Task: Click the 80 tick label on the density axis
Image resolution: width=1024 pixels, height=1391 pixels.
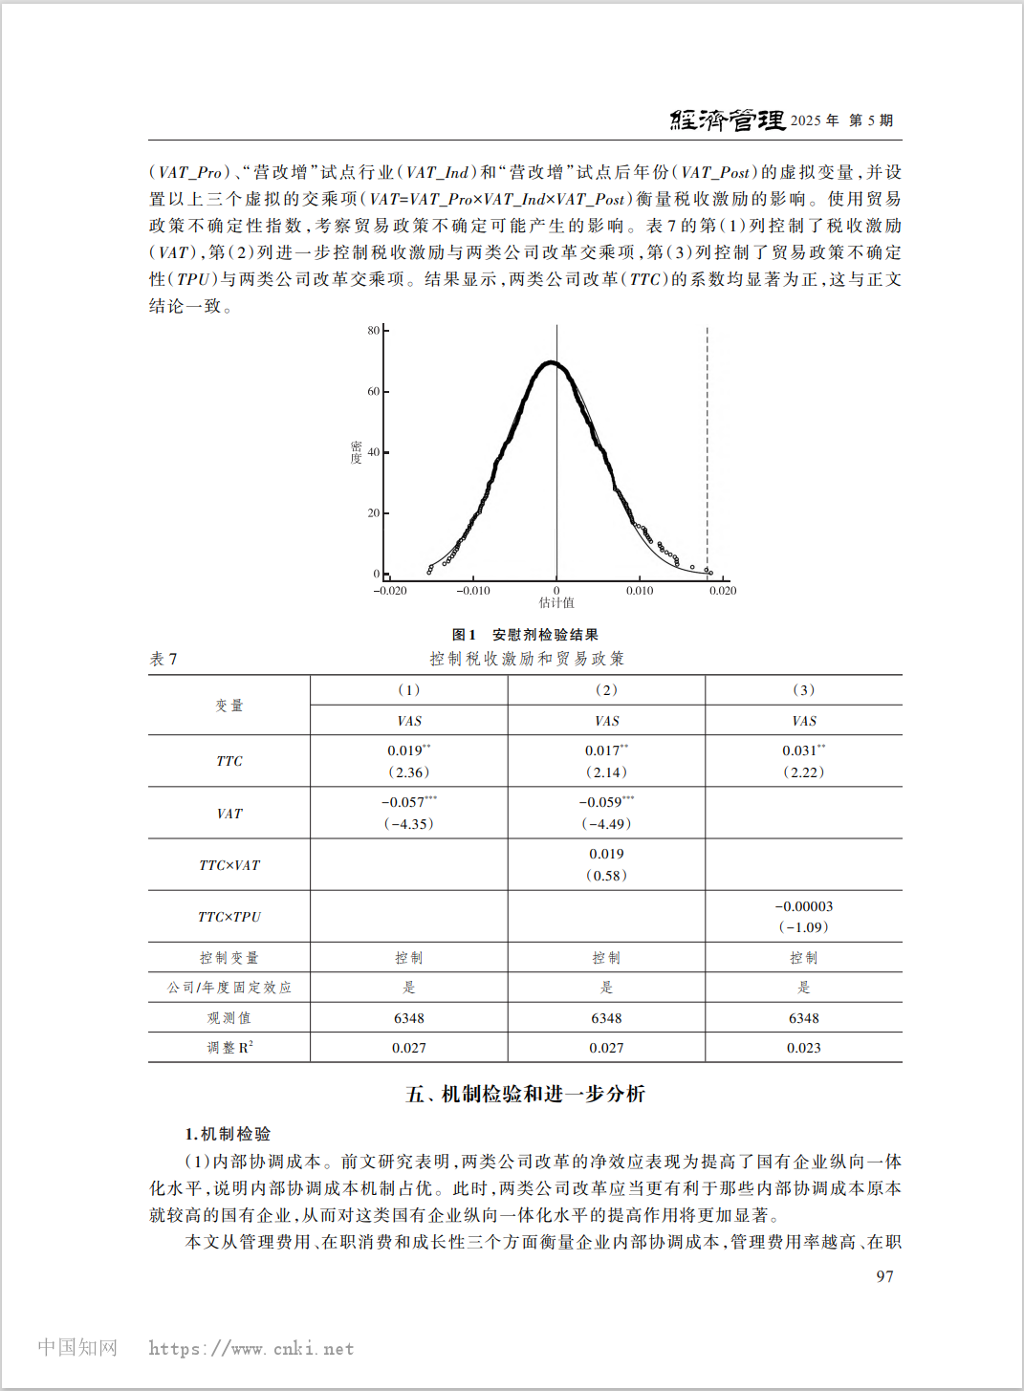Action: pos(374,331)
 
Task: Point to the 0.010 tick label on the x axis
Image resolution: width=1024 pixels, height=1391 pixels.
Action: pos(640,591)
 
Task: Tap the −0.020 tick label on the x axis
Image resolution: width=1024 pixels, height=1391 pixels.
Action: pos(390,591)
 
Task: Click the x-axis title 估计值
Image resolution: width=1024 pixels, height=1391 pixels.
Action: pos(556,603)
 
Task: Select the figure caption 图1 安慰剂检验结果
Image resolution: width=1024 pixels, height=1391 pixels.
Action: pos(525,635)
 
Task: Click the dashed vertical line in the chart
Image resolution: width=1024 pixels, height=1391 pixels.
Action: pos(708,449)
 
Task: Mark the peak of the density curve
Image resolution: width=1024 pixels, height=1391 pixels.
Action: pos(551,362)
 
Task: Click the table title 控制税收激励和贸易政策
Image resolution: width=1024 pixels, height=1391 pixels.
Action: pos(527,659)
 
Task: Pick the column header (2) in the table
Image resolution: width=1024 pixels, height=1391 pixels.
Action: pos(606,690)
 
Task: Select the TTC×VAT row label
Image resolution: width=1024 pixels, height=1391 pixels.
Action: pos(229,865)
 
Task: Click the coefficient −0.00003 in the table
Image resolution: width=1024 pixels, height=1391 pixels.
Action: pos(804,906)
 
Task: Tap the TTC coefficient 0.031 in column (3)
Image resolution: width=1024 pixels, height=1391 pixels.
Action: pos(799,751)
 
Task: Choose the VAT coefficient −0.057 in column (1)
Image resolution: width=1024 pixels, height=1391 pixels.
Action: pos(403,803)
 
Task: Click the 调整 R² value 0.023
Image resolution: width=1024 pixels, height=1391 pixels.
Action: pos(804,1048)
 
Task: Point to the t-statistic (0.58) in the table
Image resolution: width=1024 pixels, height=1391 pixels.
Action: pos(606,876)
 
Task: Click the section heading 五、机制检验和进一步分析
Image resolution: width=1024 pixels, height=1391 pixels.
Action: pos(525,1094)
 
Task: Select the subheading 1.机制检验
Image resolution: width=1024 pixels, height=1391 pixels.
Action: pos(229,1134)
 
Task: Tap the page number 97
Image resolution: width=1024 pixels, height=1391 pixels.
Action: pos(884,1276)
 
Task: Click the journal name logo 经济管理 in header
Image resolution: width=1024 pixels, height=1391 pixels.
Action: pos(728,120)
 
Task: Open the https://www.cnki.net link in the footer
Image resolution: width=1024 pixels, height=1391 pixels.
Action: pos(251,1349)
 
